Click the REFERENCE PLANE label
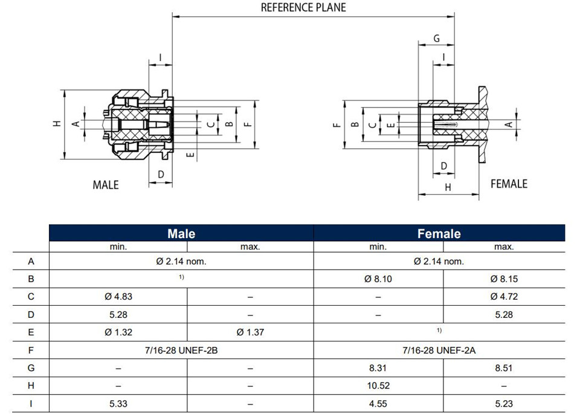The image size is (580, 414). pos(303,7)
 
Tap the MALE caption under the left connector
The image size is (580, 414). pos(106,184)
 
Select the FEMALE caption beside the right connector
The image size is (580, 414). pos(509,184)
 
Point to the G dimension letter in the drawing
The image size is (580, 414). pos(436,38)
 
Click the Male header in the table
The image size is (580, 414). pos(181,233)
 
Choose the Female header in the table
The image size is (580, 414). pos(439,233)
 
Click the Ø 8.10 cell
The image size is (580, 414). pos(378,279)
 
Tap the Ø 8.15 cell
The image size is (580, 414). pos(504,279)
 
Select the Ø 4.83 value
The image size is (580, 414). pos(118,297)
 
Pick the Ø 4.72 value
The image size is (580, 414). pos(504,297)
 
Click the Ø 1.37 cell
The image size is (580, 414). pos(250,332)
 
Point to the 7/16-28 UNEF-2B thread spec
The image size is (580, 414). pos(181,350)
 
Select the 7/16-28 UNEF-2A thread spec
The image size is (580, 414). pos(439,350)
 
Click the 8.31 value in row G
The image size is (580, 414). pos(378,367)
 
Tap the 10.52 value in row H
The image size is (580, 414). pos(378,386)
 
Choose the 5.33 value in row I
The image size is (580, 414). pos(118,404)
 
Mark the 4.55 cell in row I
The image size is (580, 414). pos(378,404)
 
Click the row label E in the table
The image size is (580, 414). pos(31,332)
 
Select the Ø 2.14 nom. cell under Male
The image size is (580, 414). pos(181,261)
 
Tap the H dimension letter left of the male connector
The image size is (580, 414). pos(57,123)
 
